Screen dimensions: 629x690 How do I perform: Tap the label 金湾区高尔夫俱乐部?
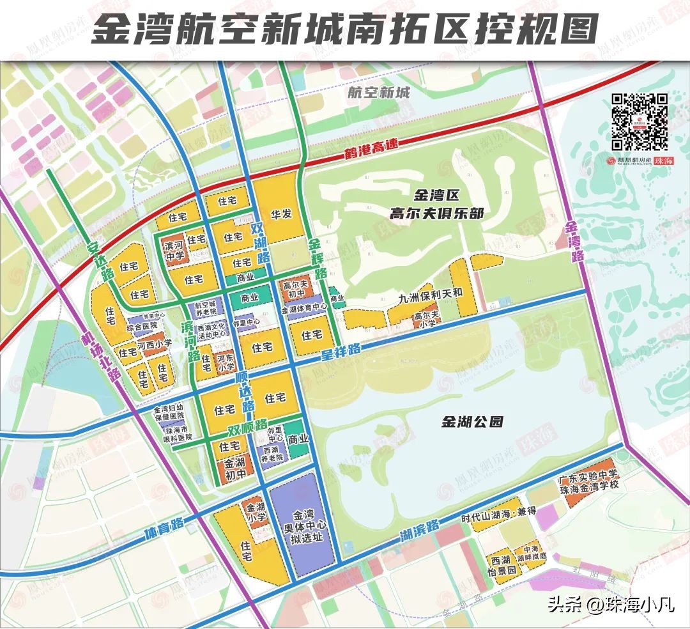pyautogui.click(x=441, y=205)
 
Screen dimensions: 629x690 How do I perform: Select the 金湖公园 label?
pyautogui.click(x=473, y=422)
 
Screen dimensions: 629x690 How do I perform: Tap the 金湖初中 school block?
pyautogui.click(x=235, y=467)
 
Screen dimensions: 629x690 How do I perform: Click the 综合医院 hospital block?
pyautogui.click(x=142, y=327)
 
